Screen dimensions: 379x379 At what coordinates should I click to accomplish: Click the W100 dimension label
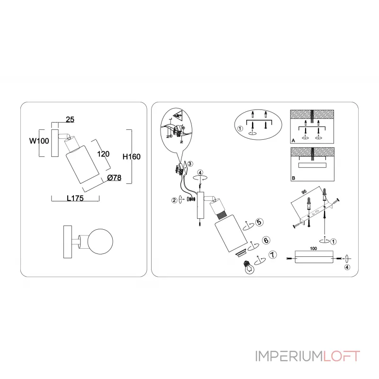[x=38, y=141]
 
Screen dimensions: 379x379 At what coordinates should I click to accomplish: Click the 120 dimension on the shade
[x=103, y=153]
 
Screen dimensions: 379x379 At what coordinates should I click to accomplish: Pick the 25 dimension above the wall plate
[x=70, y=120]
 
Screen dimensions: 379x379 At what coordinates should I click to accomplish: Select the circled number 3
[x=189, y=164]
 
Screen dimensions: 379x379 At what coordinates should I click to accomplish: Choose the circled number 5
[x=259, y=222]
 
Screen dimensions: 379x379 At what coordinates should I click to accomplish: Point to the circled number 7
[x=271, y=255]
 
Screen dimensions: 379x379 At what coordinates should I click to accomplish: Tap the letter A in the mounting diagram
[x=293, y=141]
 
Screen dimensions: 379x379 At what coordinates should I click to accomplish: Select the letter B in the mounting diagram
[x=293, y=179]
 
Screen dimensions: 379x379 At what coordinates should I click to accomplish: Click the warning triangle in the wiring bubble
[x=178, y=115]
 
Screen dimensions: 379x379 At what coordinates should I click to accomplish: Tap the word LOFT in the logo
[x=341, y=356]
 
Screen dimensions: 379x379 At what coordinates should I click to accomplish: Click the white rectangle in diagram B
[x=312, y=164]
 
